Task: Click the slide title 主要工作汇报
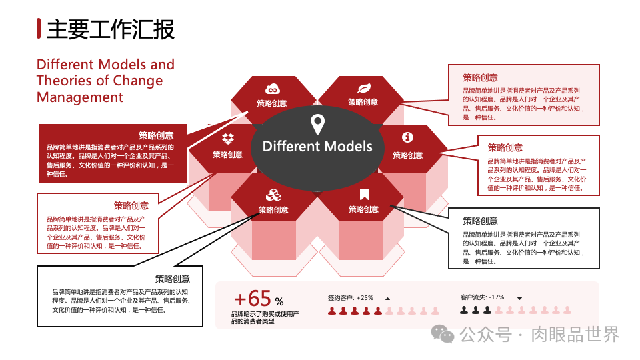(x=111, y=29)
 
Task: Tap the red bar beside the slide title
(x=39, y=29)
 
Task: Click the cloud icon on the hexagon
(x=272, y=89)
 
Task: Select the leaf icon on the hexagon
(x=364, y=88)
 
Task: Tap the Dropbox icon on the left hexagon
(x=228, y=139)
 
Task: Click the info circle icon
(x=407, y=137)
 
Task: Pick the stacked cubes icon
(x=273, y=195)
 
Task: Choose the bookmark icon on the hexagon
(x=364, y=195)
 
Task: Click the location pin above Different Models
(x=317, y=124)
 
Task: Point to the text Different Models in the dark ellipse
(x=317, y=146)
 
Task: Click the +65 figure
(x=253, y=298)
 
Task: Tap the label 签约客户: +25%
(x=351, y=297)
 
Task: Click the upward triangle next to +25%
(x=387, y=298)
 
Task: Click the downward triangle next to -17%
(x=519, y=298)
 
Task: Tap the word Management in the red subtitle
(x=80, y=97)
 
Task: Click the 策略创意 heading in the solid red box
(x=156, y=135)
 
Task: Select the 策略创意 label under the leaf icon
(x=363, y=102)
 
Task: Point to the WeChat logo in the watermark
(x=442, y=333)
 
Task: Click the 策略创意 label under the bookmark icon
(x=363, y=209)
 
